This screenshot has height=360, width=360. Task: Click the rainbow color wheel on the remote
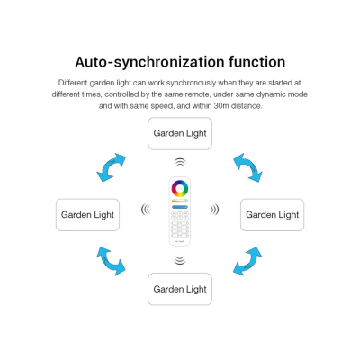point(180,183)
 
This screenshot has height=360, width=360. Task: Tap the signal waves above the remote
point(180,162)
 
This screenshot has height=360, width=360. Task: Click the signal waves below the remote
point(180,260)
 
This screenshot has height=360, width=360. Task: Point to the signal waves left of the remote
point(146,210)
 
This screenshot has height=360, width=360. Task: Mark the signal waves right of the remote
point(214,210)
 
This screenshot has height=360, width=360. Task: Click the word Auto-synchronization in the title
point(150,62)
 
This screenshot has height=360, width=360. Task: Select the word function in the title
point(257,62)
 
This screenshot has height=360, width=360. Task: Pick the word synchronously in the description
point(191,83)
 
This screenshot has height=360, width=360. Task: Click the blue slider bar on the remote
point(180,207)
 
